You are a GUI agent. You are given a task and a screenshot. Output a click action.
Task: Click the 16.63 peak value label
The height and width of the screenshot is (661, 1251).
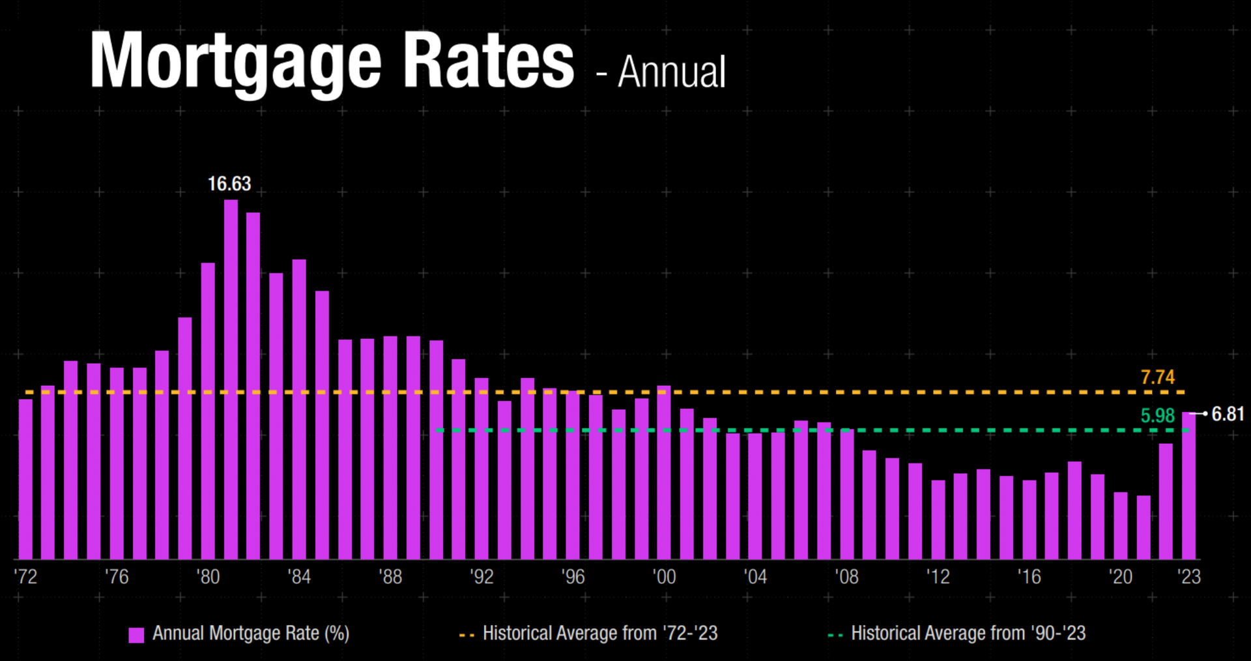click(x=229, y=184)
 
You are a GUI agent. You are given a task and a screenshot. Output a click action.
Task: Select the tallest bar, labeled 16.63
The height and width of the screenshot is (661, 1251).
click(x=231, y=378)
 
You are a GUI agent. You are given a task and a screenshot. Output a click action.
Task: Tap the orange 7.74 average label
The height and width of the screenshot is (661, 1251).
click(x=1157, y=377)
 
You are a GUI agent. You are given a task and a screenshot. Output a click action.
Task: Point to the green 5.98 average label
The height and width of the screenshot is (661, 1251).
click(x=1157, y=415)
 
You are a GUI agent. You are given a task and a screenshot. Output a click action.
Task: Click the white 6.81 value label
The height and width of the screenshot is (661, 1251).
click(x=1228, y=414)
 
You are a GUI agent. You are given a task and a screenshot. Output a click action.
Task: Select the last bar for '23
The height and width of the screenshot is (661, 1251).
click(x=1188, y=486)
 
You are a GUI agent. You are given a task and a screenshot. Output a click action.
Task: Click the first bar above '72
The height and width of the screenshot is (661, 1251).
click(x=25, y=479)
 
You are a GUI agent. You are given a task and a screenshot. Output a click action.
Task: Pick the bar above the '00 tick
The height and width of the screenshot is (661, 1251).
click(x=664, y=473)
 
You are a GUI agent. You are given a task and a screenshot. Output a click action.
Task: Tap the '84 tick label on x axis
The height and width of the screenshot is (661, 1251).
click(x=299, y=577)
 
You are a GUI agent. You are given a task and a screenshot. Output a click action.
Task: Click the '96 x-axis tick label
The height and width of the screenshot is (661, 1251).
click(x=573, y=577)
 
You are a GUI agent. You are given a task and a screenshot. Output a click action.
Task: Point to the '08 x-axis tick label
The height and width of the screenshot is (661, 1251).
click(x=846, y=577)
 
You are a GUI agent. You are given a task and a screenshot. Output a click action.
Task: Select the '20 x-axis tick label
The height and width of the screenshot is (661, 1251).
click(x=1120, y=577)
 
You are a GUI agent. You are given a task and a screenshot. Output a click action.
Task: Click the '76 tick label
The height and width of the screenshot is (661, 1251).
click(x=117, y=577)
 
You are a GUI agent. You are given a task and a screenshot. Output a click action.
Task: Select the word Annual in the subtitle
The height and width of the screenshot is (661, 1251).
click(x=671, y=72)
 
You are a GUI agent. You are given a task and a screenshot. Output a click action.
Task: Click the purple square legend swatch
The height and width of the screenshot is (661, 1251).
click(x=136, y=635)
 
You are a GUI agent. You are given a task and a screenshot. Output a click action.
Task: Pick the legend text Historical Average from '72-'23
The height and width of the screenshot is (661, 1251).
click(x=599, y=633)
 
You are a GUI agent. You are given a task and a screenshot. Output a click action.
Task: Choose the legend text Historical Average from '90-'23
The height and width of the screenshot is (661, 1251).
click(x=968, y=633)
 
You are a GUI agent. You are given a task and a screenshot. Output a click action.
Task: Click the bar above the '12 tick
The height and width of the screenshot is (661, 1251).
click(x=938, y=520)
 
